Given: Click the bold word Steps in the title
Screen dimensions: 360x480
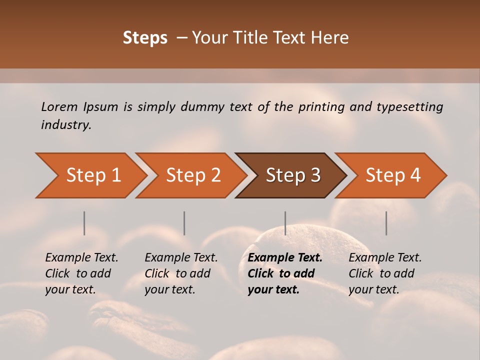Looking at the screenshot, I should tap(145, 38).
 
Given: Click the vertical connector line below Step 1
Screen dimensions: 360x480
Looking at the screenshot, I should tap(84, 223).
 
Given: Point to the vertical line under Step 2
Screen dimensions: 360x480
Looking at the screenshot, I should tap(184, 223).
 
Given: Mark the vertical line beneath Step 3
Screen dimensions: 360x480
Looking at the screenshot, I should tap(285, 223).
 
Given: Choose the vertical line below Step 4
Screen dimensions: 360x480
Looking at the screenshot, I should tap(386, 223).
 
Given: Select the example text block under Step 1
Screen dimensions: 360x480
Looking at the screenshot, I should tap(81, 273).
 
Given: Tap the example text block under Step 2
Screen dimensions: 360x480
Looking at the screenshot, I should tap(181, 273).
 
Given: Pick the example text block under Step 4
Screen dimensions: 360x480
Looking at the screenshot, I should tap(385, 273).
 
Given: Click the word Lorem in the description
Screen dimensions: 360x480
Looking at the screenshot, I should tap(59, 106).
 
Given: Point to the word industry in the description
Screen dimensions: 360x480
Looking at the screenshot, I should tap(66, 124).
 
